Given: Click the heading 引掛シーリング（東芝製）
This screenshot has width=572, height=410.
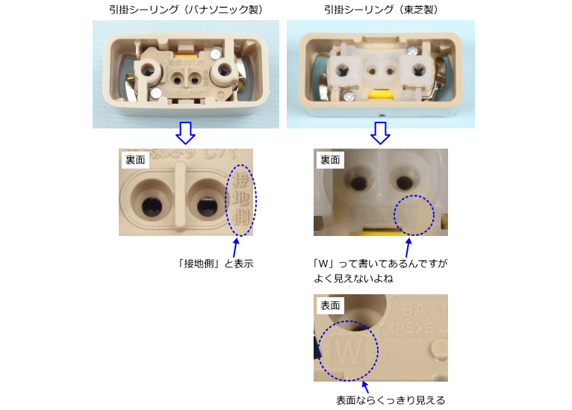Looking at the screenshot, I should (381, 9).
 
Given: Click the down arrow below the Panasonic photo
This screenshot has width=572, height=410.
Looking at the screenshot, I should (185, 133).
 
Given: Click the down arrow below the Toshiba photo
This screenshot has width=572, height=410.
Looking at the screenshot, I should (381, 133).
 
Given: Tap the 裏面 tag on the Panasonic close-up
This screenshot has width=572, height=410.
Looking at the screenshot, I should (135, 160).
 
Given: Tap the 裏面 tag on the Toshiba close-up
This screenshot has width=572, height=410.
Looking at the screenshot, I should (331, 160).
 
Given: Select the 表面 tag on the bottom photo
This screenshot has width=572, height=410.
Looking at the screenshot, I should (331, 305).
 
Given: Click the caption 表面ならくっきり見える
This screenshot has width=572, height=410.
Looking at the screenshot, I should (390, 400).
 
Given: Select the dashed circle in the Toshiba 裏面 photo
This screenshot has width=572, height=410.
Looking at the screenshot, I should (413, 216).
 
